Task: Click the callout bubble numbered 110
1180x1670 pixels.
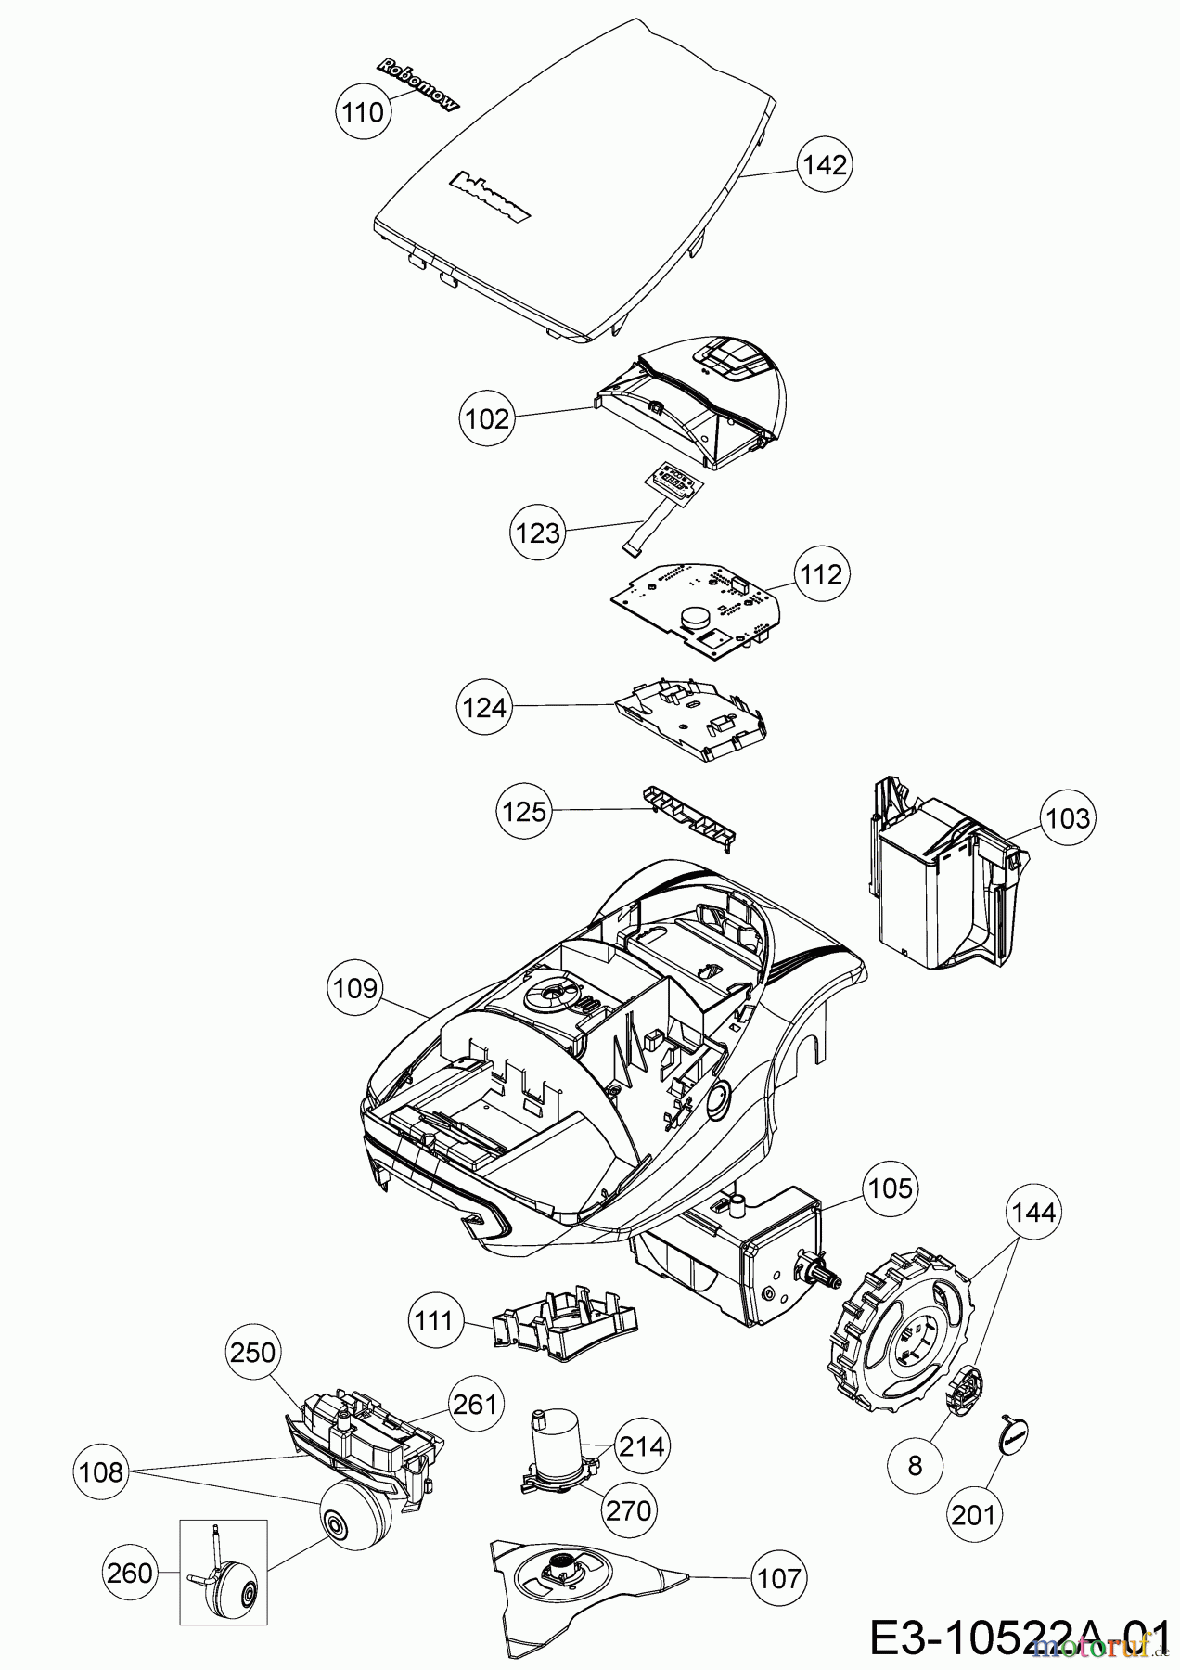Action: (362, 112)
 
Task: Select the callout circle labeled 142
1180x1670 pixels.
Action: (825, 164)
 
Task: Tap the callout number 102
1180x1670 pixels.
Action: (487, 418)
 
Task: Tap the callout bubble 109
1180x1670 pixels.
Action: (356, 988)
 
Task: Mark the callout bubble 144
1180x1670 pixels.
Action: (1033, 1213)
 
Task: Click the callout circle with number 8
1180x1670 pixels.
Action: (916, 1465)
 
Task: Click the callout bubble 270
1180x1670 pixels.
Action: (628, 1510)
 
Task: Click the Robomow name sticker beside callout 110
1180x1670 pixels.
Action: (417, 83)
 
